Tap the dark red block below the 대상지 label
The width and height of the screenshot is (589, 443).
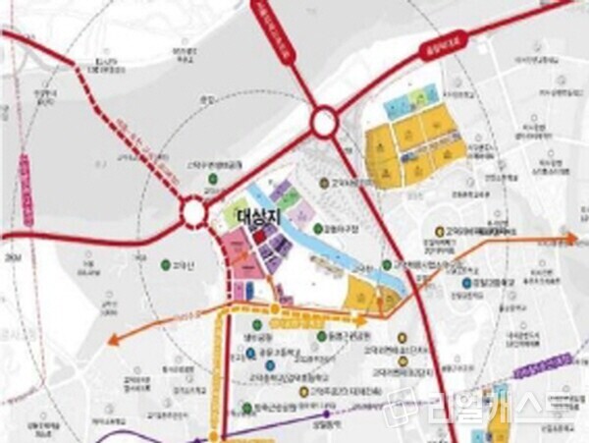[258, 237]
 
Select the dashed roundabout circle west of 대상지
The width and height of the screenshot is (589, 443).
[193, 211]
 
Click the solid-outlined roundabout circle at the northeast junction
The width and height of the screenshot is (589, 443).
[325, 122]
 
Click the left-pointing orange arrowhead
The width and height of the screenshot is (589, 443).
[114, 340]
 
